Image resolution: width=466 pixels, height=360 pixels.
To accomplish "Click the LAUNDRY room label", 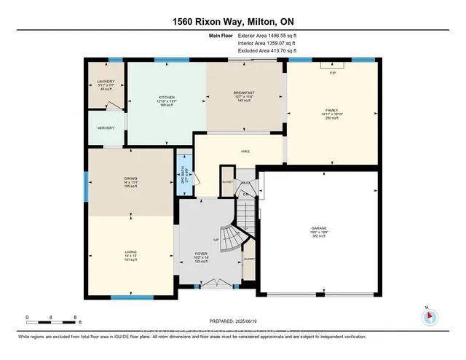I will [106, 82].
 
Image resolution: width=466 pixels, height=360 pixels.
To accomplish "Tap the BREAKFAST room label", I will [243, 93].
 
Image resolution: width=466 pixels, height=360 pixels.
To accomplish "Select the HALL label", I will [245, 152].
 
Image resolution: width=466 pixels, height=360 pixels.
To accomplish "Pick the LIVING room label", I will [131, 254].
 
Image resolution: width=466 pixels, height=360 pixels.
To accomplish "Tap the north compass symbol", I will [429, 316].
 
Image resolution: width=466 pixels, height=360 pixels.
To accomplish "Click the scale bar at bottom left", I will [51, 317].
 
